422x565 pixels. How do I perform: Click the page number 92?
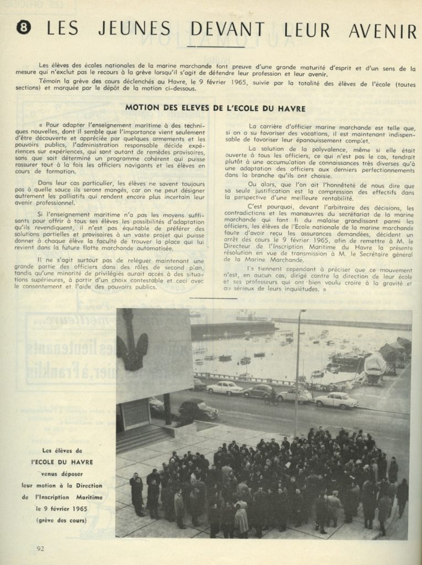pyautogui.click(x=40, y=548)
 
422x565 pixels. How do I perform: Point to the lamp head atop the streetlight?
pyautogui.click(x=302, y=312)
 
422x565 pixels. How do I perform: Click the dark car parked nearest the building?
pyautogui.click(x=199, y=409)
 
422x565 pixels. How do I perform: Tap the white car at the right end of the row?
pyautogui.click(x=336, y=400)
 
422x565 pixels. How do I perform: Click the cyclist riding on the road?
pyautogui.click(x=271, y=397)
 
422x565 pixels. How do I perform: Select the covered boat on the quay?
pyautogui.click(x=375, y=365)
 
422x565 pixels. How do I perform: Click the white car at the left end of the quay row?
pyautogui.click(x=225, y=387)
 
